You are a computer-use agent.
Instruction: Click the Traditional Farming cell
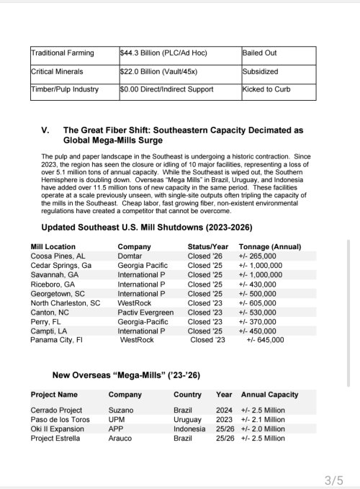(62, 53)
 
